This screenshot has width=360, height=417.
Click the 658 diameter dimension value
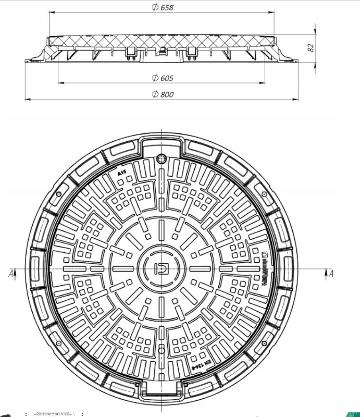(x=167, y=8)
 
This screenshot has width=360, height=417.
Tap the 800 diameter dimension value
(x=167, y=94)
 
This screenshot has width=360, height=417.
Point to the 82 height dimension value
(x=311, y=47)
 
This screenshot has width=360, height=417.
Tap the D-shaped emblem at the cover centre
(x=162, y=269)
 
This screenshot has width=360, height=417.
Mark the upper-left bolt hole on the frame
(x=59, y=194)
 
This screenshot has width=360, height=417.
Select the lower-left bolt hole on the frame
(x=59, y=344)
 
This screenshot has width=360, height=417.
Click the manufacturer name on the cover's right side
(x=264, y=269)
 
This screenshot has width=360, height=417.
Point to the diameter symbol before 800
(x=155, y=94)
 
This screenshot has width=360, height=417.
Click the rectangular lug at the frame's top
(x=162, y=144)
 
